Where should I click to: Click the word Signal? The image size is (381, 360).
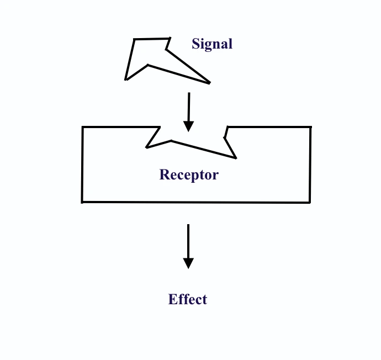click(212, 44)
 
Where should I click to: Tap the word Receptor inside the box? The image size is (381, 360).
click(189, 175)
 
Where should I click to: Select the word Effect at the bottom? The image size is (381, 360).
click(188, 299)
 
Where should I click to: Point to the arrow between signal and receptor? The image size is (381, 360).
click(189, 111)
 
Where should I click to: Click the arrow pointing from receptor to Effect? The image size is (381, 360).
click(188, 246)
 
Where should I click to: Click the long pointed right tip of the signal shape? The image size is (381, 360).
click(209, 83)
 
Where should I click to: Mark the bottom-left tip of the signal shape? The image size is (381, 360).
click(126, 79)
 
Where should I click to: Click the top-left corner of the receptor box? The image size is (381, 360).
click(83, 128)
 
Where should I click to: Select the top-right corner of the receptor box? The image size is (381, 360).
click(310, 128)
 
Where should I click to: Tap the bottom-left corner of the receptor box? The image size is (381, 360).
click(82, 202)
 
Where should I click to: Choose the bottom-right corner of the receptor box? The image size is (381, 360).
click(310, 202)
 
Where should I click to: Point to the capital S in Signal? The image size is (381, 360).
click(195, 44)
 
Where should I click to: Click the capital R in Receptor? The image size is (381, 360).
click(164, 175)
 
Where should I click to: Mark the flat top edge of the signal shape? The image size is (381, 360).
click(152, 39)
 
